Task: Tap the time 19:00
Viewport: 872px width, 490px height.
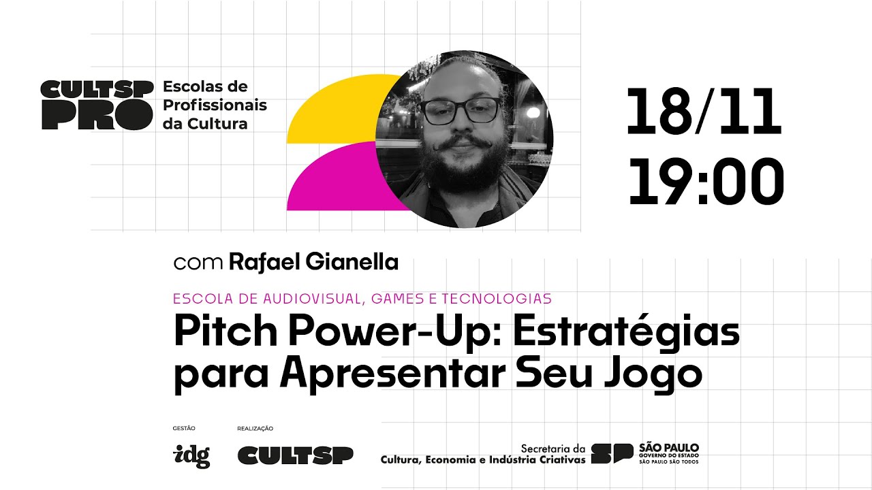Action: (706, 182)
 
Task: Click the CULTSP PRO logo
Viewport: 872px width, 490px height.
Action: (96, 105)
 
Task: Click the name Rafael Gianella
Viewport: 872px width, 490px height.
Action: (313, 262)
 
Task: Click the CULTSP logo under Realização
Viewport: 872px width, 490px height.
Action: (295, 455)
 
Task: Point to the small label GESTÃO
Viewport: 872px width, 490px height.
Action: (184, 428)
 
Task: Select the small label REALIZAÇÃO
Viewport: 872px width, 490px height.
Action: (255, 428)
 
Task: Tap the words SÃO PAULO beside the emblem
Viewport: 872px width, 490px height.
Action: (669, 448)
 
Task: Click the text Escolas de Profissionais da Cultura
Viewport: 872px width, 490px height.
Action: (214, 105)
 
